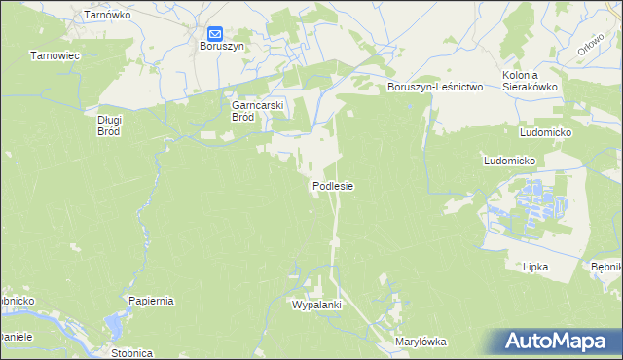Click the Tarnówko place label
click(107, 16)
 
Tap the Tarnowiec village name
click(54, 56)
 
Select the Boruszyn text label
click(222, 46)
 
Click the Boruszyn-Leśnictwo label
click(435, 87)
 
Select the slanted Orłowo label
click(589, 44)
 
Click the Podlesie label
click(332, 185)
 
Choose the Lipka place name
click(535, 266)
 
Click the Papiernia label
click(151, 301)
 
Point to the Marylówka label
click(420, 342)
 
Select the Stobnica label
click(131, 353)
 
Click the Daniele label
click(17, 336)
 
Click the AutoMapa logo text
click(559, 341)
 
